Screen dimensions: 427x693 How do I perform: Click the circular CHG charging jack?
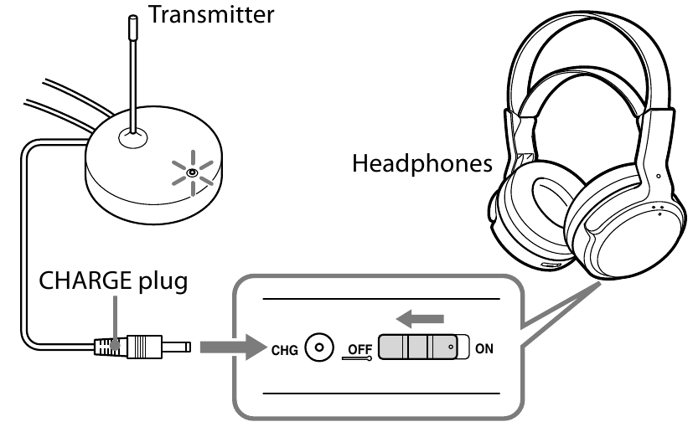tap(316, 345)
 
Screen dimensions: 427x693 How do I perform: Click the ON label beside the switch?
tap(484, 347)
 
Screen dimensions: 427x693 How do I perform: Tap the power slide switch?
tap(419, 347)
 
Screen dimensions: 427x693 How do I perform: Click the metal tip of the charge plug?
tap(178, 345)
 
